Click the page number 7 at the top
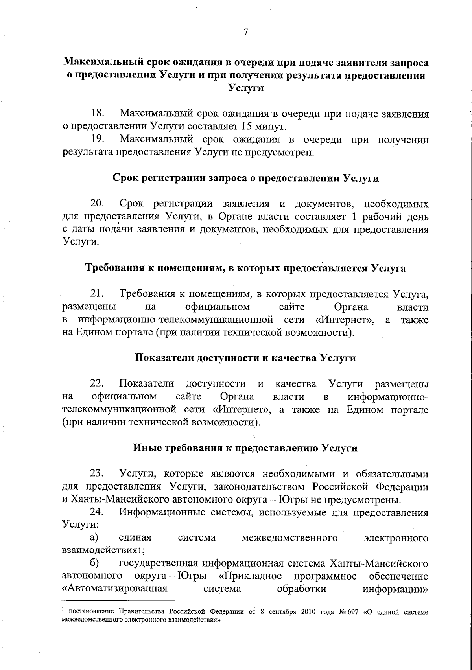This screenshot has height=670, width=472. [x=245, y=33]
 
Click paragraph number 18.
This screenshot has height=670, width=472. [x=98, y=114]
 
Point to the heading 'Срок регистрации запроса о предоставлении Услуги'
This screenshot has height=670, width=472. [x=246, y=178]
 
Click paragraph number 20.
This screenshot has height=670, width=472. [x=98, y=204]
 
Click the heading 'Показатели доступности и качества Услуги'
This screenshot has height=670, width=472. [x=246, y=358]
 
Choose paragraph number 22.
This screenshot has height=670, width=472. [x=97, y=383]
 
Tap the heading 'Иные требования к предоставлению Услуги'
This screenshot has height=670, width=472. [x=246, y=448]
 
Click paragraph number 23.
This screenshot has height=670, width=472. [x=97, y=473]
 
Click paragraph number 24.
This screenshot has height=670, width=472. [x=97, y=512]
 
